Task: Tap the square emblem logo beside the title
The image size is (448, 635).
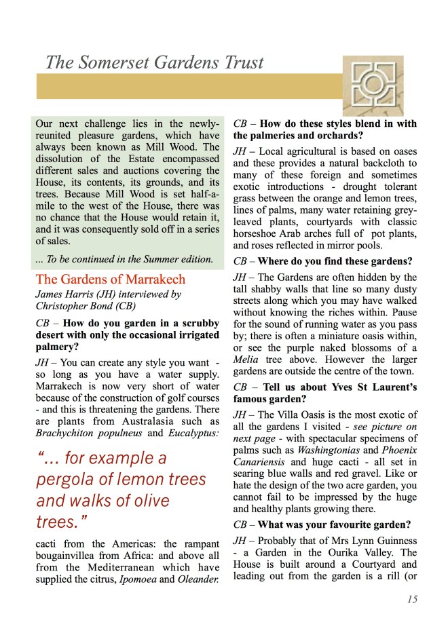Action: pos(372,84)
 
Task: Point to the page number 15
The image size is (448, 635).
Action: pos(412,598)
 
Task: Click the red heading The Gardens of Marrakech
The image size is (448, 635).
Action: pos(111,280)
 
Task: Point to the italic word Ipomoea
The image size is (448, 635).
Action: pos(153,579)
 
